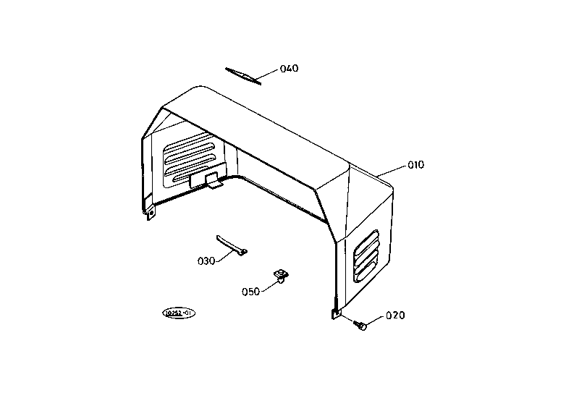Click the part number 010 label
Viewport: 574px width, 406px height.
[x=415, y=165]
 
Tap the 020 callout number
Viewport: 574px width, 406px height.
[x=395, y=316]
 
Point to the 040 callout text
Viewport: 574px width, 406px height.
[x=289, y=69]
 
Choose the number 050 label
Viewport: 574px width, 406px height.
[x=251, y=292]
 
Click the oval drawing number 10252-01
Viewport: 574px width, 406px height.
[x=179, y=313]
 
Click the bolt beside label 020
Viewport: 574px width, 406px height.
[x=362, y=326]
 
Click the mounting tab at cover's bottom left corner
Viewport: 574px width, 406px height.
[x=151, y=213]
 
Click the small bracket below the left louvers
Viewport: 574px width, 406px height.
[x=206, y=180]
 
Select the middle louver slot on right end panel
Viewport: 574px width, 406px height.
[x=366, y=255]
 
